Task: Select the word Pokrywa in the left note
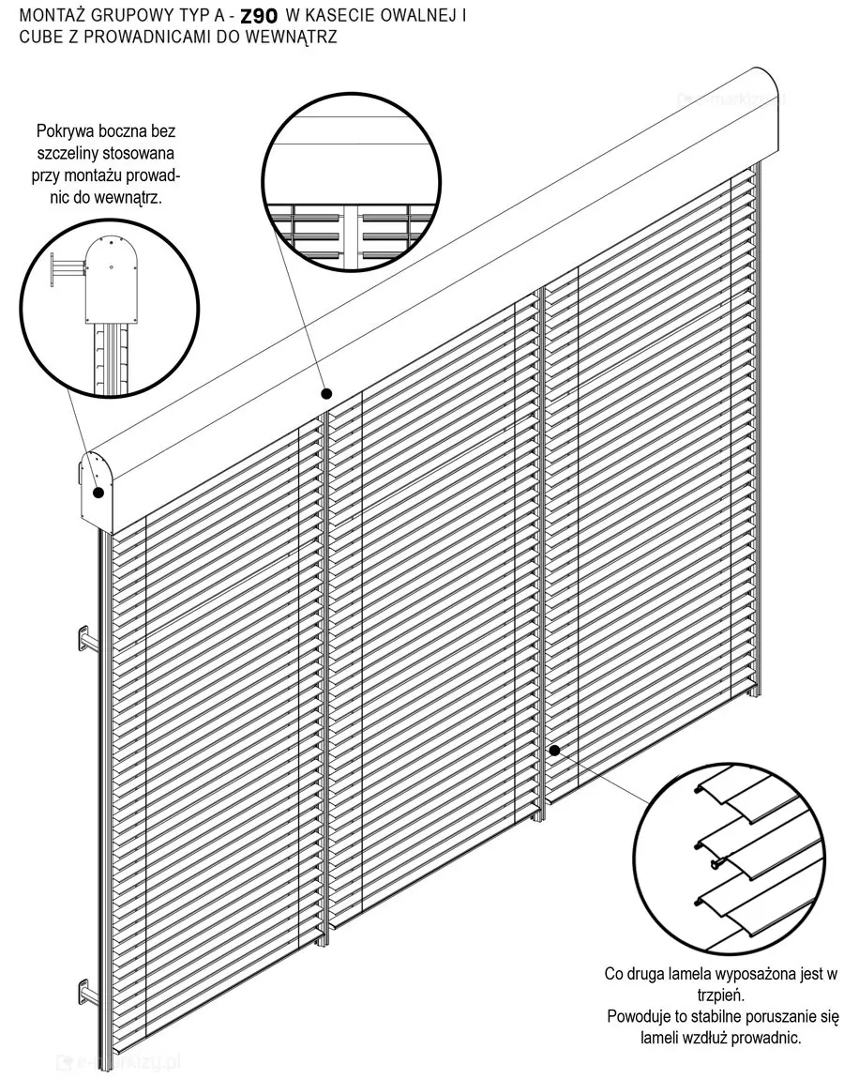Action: [x=64, y=130]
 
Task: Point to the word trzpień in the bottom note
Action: [x=721, y=995]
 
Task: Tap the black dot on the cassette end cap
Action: [x=98, y=493]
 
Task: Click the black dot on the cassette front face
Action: [x=327, y=394]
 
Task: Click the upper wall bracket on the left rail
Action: [x=86, y=641]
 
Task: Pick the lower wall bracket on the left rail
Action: [x=86, y=995]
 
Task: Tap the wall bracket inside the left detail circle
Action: [x=66, y=270]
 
